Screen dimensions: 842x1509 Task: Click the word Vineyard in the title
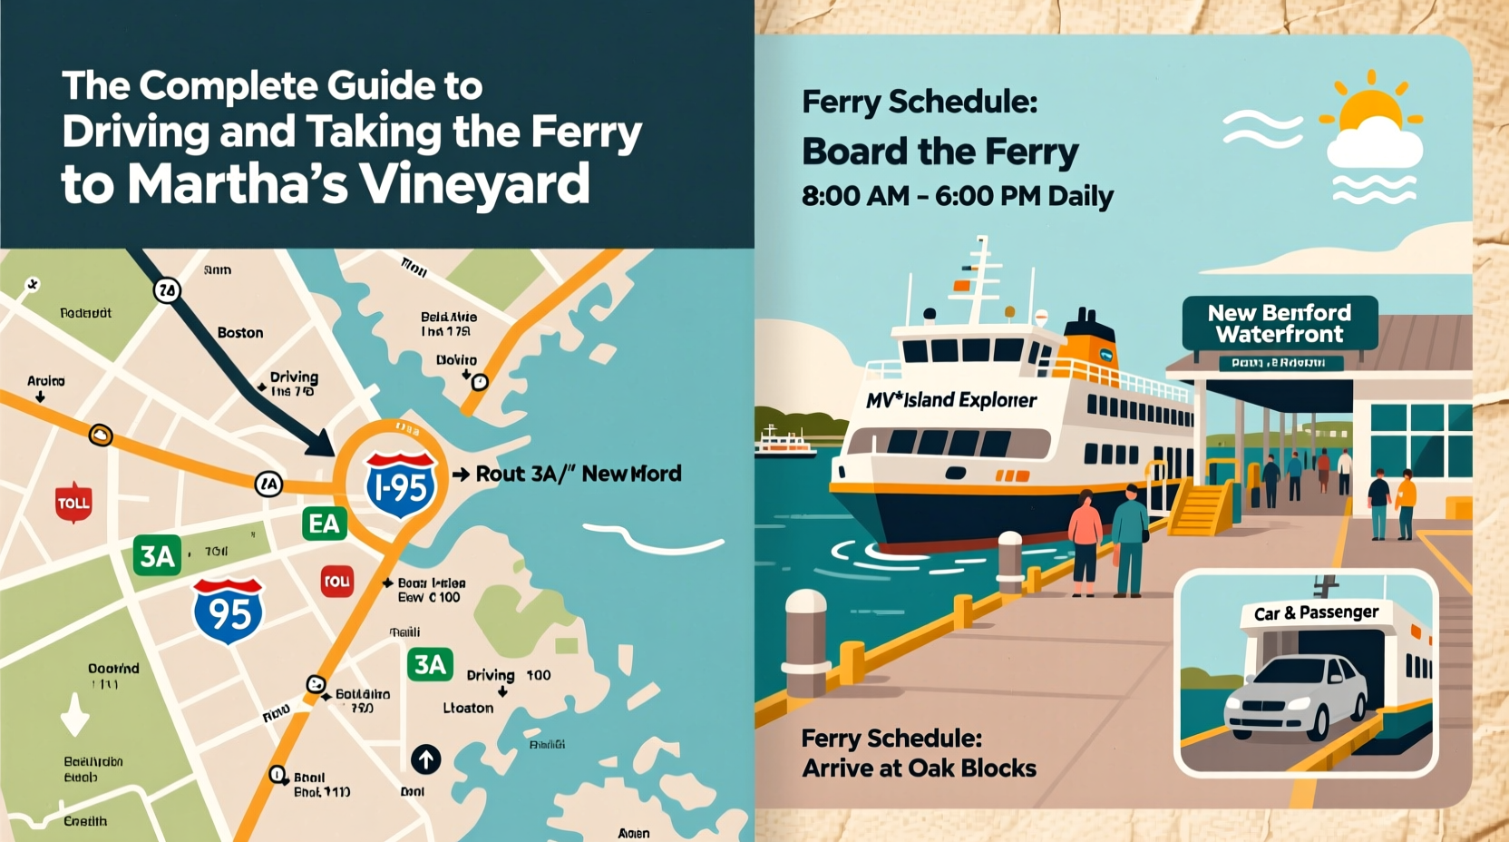tap(474, 184)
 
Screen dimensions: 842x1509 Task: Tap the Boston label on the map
tap(240, 333)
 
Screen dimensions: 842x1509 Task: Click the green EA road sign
tap(324, 524)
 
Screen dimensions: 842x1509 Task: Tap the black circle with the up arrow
tap(425, 759)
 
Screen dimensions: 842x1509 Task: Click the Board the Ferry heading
tap(939, 152)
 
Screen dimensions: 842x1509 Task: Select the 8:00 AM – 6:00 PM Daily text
tap(957, 196)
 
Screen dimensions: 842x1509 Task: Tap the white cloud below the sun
tap(1374, 147)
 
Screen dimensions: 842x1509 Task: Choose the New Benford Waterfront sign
tap(1280, 324)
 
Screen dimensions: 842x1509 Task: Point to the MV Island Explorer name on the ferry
tap(951, 400)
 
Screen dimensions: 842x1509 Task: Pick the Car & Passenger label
tap(1316, 613)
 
